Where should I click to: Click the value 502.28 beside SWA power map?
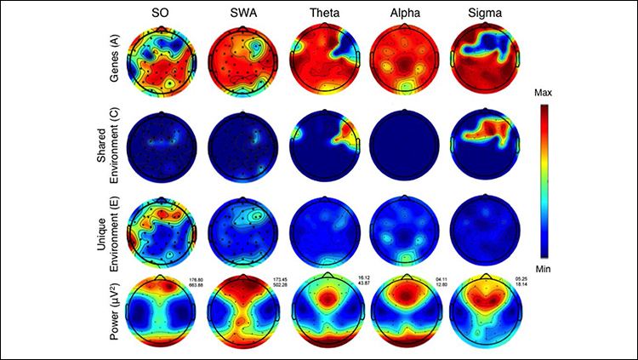[x=286, y=285]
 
